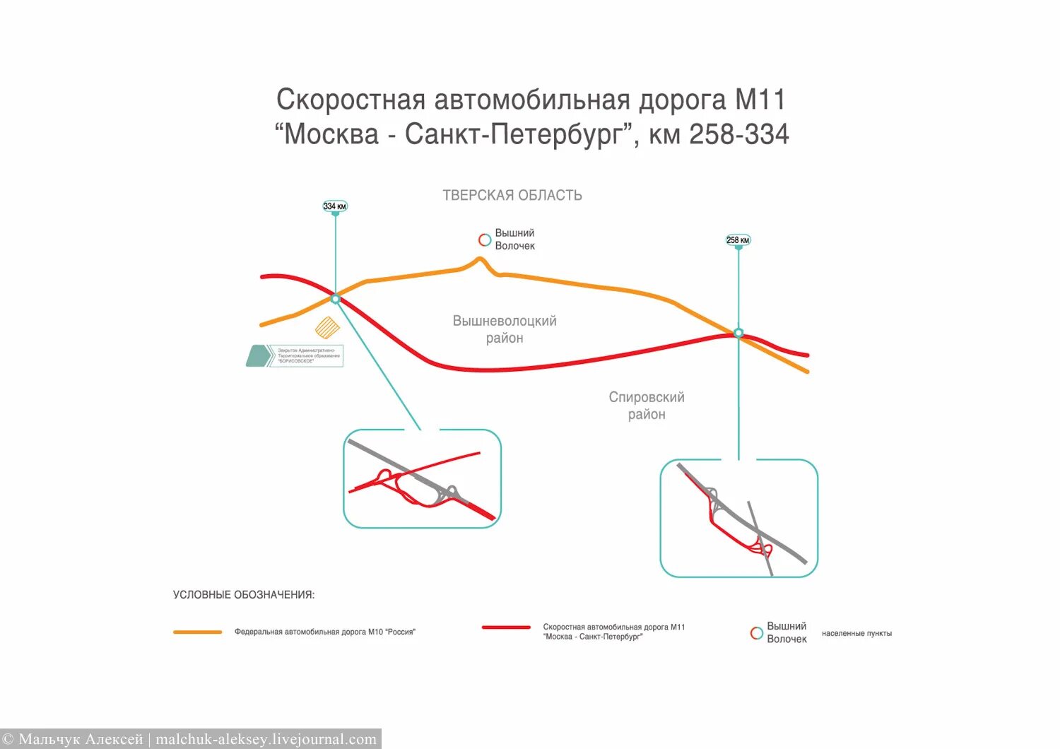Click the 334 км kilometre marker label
(335, 206)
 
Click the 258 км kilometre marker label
(738, 240)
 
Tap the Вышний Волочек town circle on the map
(485, 240)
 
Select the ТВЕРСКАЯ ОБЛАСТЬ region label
(512, 196)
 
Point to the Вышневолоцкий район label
(505, 329)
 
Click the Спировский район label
(647, 406)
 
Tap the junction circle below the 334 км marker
(336, 299)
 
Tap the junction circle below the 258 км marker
(738, 333)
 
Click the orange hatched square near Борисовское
(327, 328)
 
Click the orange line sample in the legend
(198, 632)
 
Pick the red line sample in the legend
(506, 627)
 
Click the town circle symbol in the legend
(757, 633)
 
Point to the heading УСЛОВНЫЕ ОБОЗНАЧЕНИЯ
(244, 595)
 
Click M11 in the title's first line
(760, 100)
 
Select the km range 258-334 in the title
(739, 134)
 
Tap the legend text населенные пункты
(856, 634)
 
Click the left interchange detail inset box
(422, 478)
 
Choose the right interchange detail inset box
(738, 518)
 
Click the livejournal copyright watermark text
(191, 739)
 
